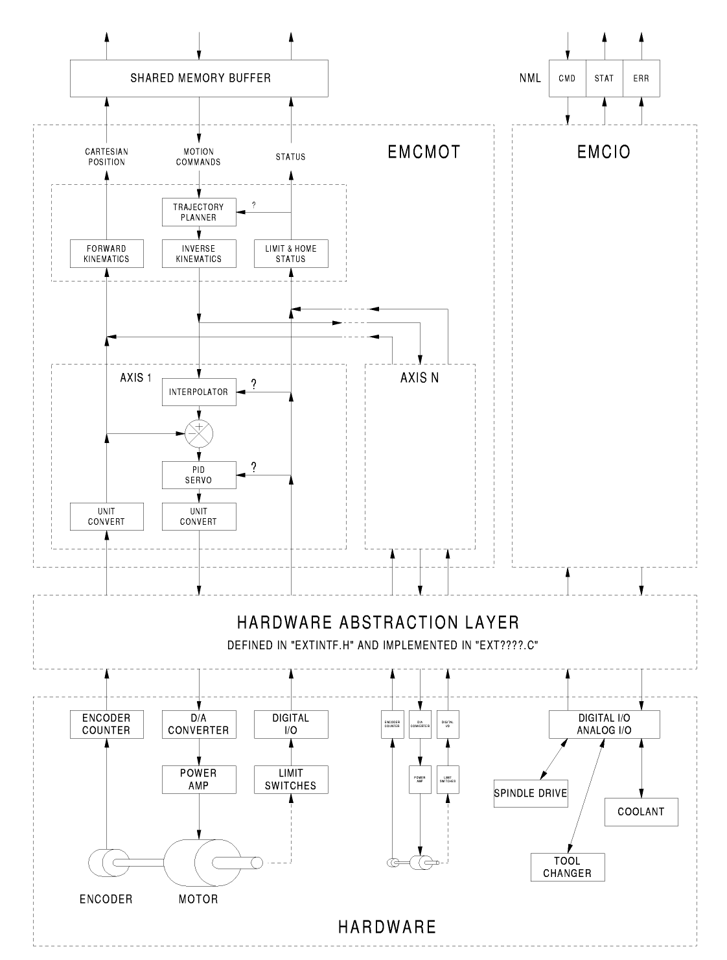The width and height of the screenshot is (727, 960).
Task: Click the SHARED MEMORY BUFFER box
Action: coord(199,78)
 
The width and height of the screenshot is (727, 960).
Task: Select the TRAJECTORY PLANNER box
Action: coord(198,212)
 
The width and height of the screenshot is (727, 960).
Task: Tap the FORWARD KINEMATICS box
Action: coord(106,254)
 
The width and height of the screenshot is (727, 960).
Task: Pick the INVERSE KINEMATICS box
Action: coord(198,254)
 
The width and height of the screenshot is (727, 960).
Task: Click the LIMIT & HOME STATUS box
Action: coord(290,254)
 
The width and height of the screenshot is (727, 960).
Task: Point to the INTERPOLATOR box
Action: coord(198,392)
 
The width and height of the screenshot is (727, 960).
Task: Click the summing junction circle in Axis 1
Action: coord(199,433)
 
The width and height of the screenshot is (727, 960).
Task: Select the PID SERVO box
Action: coord(198,475)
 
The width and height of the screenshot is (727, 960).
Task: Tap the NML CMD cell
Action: coord(567,78)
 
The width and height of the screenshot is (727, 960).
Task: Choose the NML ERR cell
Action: coord(641,78)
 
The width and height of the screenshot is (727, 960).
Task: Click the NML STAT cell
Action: coord(604,78)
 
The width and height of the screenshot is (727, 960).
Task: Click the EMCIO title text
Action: coord(604,152)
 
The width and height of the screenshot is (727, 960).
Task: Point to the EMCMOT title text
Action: coord(424,152)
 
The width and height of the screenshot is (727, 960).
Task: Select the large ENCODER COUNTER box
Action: coord(106,725)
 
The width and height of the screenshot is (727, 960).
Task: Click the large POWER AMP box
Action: coord(198,780)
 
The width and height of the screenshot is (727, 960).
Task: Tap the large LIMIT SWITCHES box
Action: coord(290,780)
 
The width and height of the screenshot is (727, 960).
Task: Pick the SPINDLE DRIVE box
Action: coord(531,793)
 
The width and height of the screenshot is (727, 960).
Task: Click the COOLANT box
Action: coord(641,811)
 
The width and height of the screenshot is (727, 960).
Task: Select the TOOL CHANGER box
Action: coord(567,867)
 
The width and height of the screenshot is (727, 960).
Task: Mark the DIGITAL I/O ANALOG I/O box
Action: coord(604,725)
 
